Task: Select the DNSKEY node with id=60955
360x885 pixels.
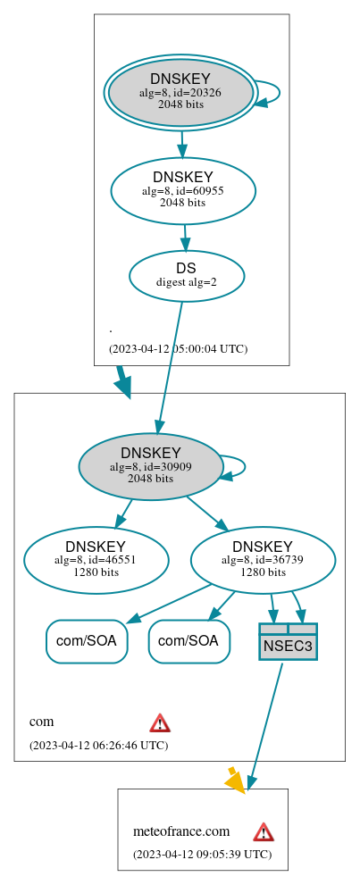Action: pos(183,189)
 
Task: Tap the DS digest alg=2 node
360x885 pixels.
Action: pos(187,274)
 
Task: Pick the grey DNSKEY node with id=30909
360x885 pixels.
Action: pos(151,465)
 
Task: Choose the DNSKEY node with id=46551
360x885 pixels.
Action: pos(96,559)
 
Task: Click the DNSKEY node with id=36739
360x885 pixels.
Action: pos(263,559)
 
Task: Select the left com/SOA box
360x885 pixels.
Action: pos(87,640)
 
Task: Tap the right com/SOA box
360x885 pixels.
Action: pos(188,640)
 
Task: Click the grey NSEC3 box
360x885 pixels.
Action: pos(288,640)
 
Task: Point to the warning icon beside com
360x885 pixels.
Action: pos(160,722)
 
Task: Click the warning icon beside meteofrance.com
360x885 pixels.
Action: pos(264,831)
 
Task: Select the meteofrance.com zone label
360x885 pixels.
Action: pos(181,831)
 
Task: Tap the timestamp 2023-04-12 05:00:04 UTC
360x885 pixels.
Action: pos(178,348)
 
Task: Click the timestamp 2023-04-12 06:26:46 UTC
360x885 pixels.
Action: pos(98,744)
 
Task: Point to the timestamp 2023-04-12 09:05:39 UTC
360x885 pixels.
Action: pos(202,854)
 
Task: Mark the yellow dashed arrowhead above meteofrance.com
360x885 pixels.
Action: pos(235,781)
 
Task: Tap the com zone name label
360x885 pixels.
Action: pos(41,722)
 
